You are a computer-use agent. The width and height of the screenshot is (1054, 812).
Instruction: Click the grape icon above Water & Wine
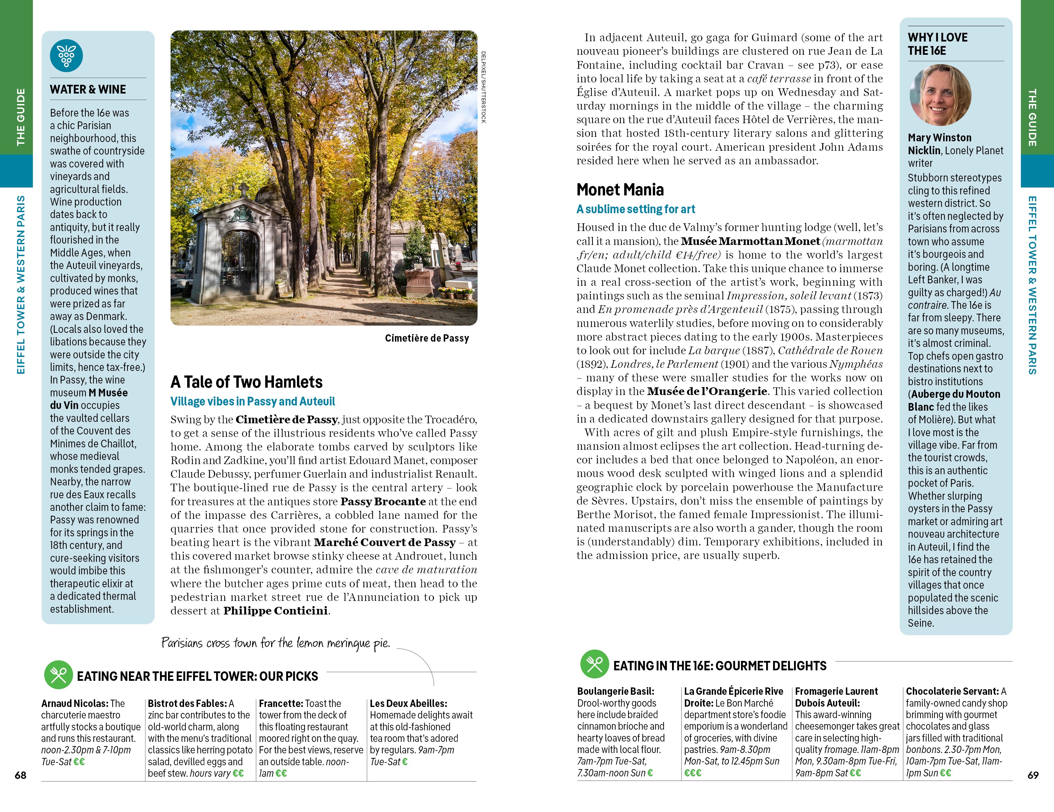[x=66, y=55]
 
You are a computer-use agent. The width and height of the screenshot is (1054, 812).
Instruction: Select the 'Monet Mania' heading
[x=620, y=189]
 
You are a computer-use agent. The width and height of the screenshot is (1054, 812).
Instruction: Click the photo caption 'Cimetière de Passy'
[x=427, y=338]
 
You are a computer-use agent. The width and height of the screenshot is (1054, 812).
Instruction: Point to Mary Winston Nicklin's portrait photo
[x=940, y=95]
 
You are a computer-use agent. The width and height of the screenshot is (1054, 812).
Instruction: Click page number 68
[x=20, y=775]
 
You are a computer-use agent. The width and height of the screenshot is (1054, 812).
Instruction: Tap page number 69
[x=1033, y=775]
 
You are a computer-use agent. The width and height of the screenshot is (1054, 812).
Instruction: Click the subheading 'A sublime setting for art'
[x=636, y=209]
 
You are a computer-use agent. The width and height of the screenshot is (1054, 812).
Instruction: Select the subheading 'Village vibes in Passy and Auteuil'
[x=252, y=401]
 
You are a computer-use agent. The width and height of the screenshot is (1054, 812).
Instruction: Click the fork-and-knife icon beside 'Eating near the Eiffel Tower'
[x=59, y=675]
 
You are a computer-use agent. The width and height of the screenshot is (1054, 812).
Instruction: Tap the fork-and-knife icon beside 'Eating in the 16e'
[x=595, y=664]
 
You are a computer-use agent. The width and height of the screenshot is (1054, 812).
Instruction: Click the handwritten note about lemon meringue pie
[x=275, y=643]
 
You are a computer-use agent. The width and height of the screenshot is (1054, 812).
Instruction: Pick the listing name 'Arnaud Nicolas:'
[x=75, y=703]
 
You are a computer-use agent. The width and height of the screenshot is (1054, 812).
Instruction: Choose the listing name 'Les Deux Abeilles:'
[x=408, y=703]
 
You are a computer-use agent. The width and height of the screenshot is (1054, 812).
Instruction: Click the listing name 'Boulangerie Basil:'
[x=615, y=691]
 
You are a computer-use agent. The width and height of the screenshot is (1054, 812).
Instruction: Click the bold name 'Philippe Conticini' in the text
[x=275, y=611]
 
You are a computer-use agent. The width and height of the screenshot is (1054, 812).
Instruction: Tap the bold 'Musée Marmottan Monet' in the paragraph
[x=750, y=241]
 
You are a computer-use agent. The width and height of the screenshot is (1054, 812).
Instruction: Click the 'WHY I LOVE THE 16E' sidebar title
[x=937, y=44]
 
